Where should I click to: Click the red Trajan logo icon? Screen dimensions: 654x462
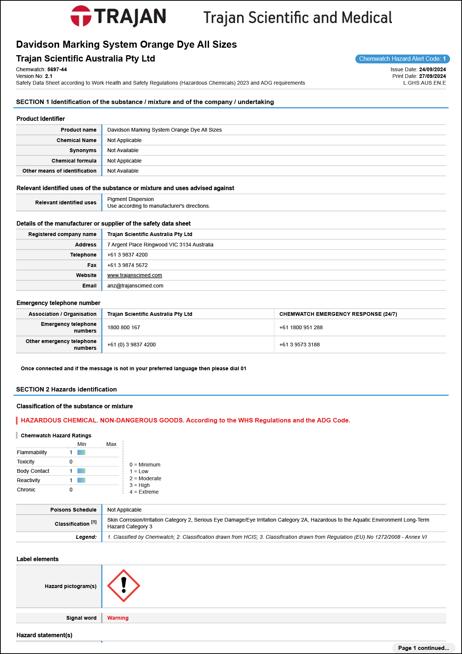click(x=81, y=16)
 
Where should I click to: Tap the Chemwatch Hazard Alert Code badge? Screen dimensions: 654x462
click(x=402, y=59)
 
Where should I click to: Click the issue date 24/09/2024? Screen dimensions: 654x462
click(x=432, y=69)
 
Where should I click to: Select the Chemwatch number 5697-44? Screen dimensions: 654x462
click(x=57, y=69)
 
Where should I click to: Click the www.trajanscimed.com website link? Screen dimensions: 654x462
click(x=135, y=275)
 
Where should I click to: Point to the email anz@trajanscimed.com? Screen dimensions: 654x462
click(x=135, y=286)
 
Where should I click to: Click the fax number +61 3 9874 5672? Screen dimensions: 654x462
click(x=127, y=265)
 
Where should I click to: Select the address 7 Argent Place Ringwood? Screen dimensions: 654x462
click(x=160, y=245)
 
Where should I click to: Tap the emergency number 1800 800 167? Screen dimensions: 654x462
click(x=124, y=327)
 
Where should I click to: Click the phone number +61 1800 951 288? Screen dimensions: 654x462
click(x=301, y=327)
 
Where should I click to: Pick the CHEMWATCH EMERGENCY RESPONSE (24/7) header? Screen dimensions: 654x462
click(x=338, y=314)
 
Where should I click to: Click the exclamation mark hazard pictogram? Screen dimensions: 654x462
click(x=124, y=586)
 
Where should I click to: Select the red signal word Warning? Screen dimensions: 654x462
click(x=118, y=618)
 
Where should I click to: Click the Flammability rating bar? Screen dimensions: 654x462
click(x=81, y=452)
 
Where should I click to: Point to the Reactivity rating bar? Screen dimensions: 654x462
click(x=81, y=480)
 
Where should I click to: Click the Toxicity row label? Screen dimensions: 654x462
click(x=26, y=462)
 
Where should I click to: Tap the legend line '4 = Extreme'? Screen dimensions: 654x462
click(x=144, y=492)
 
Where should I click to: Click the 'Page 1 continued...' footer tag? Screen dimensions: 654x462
click(x=423, y=648)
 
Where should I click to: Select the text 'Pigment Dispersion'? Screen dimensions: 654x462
click(x=130, y=199)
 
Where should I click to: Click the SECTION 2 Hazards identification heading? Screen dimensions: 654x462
click(x=66, y=389)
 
